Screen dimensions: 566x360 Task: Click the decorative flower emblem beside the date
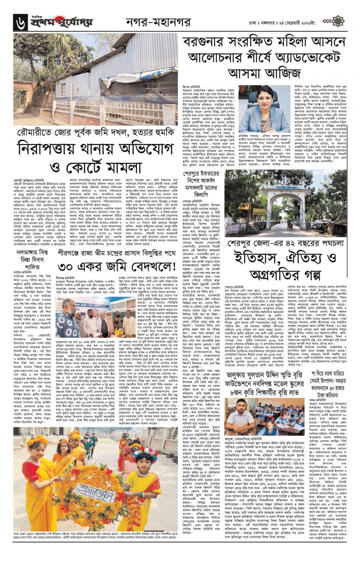337,21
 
